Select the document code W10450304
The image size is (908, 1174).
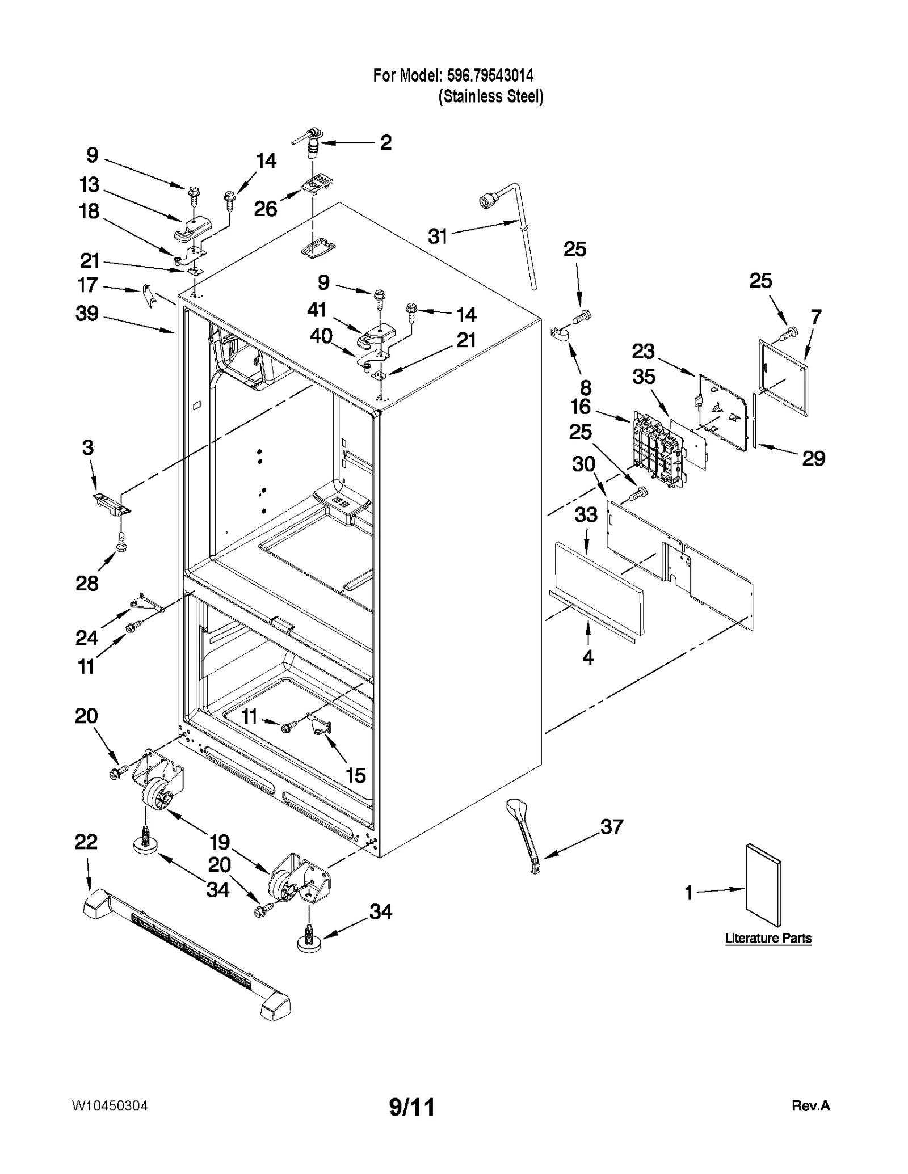110,1105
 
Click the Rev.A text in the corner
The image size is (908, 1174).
810,1105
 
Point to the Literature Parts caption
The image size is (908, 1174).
768,937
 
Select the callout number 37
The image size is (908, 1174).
612,827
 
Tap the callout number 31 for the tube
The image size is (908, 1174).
438,237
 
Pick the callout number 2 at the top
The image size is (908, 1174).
386,142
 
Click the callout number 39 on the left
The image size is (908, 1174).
87,314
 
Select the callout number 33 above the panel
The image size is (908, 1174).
586,515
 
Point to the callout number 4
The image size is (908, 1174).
588,657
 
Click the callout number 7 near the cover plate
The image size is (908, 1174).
816,318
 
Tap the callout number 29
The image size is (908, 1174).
813,458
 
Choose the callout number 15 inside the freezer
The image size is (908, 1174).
356,775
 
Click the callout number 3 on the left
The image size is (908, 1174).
87,447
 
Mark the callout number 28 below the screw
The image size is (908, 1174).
87,583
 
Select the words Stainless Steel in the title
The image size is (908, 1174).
491,96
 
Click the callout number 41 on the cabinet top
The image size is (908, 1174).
317,310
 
